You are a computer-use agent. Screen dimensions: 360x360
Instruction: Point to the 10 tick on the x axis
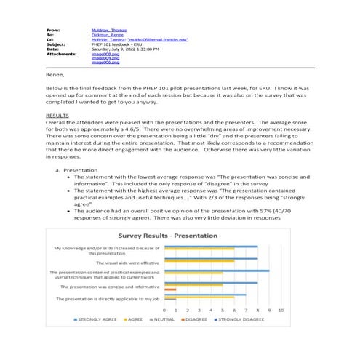coord(280,309)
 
